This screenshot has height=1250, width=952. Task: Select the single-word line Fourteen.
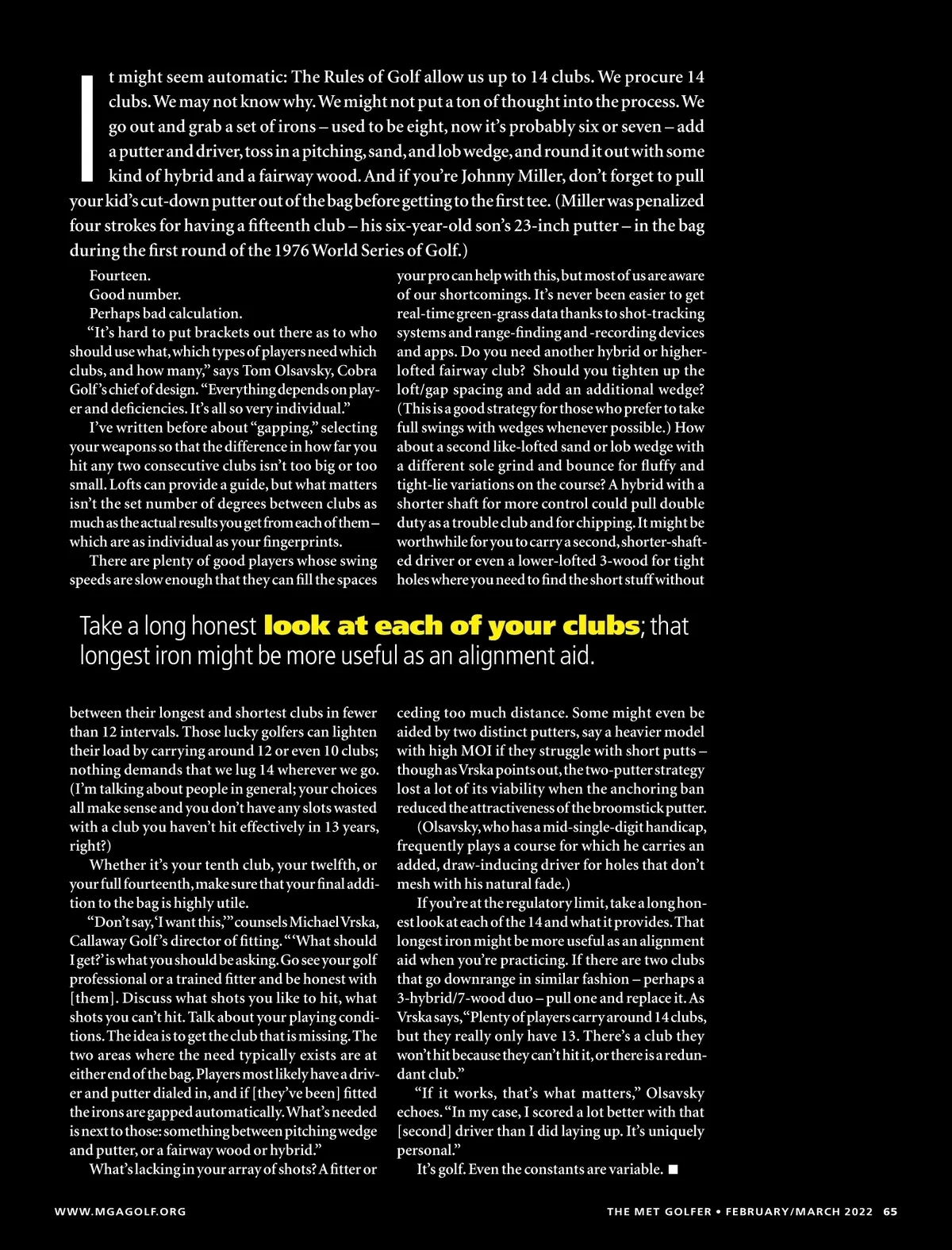pos(120,275)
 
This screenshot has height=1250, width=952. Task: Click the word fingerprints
pos(295,542)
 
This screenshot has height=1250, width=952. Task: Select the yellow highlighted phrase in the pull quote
pos(451,625)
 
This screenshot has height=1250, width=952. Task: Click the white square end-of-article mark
pos(674,1169)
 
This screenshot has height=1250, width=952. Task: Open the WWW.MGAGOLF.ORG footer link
pos(120,1212)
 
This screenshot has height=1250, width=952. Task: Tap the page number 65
pos(890,1212)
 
